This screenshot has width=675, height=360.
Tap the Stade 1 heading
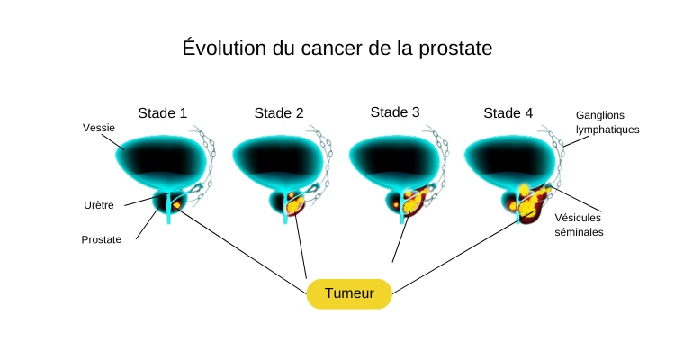coord(162,113)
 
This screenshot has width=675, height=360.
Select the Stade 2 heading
coord(279,113)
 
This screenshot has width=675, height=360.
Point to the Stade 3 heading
coord(395,112)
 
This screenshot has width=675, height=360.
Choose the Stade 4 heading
coord(508,113)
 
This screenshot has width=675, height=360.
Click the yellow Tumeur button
coord(349,293)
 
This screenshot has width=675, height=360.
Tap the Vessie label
coord(98,128)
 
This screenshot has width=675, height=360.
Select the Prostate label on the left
coord(101,239)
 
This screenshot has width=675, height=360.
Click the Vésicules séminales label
coord(579,224)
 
